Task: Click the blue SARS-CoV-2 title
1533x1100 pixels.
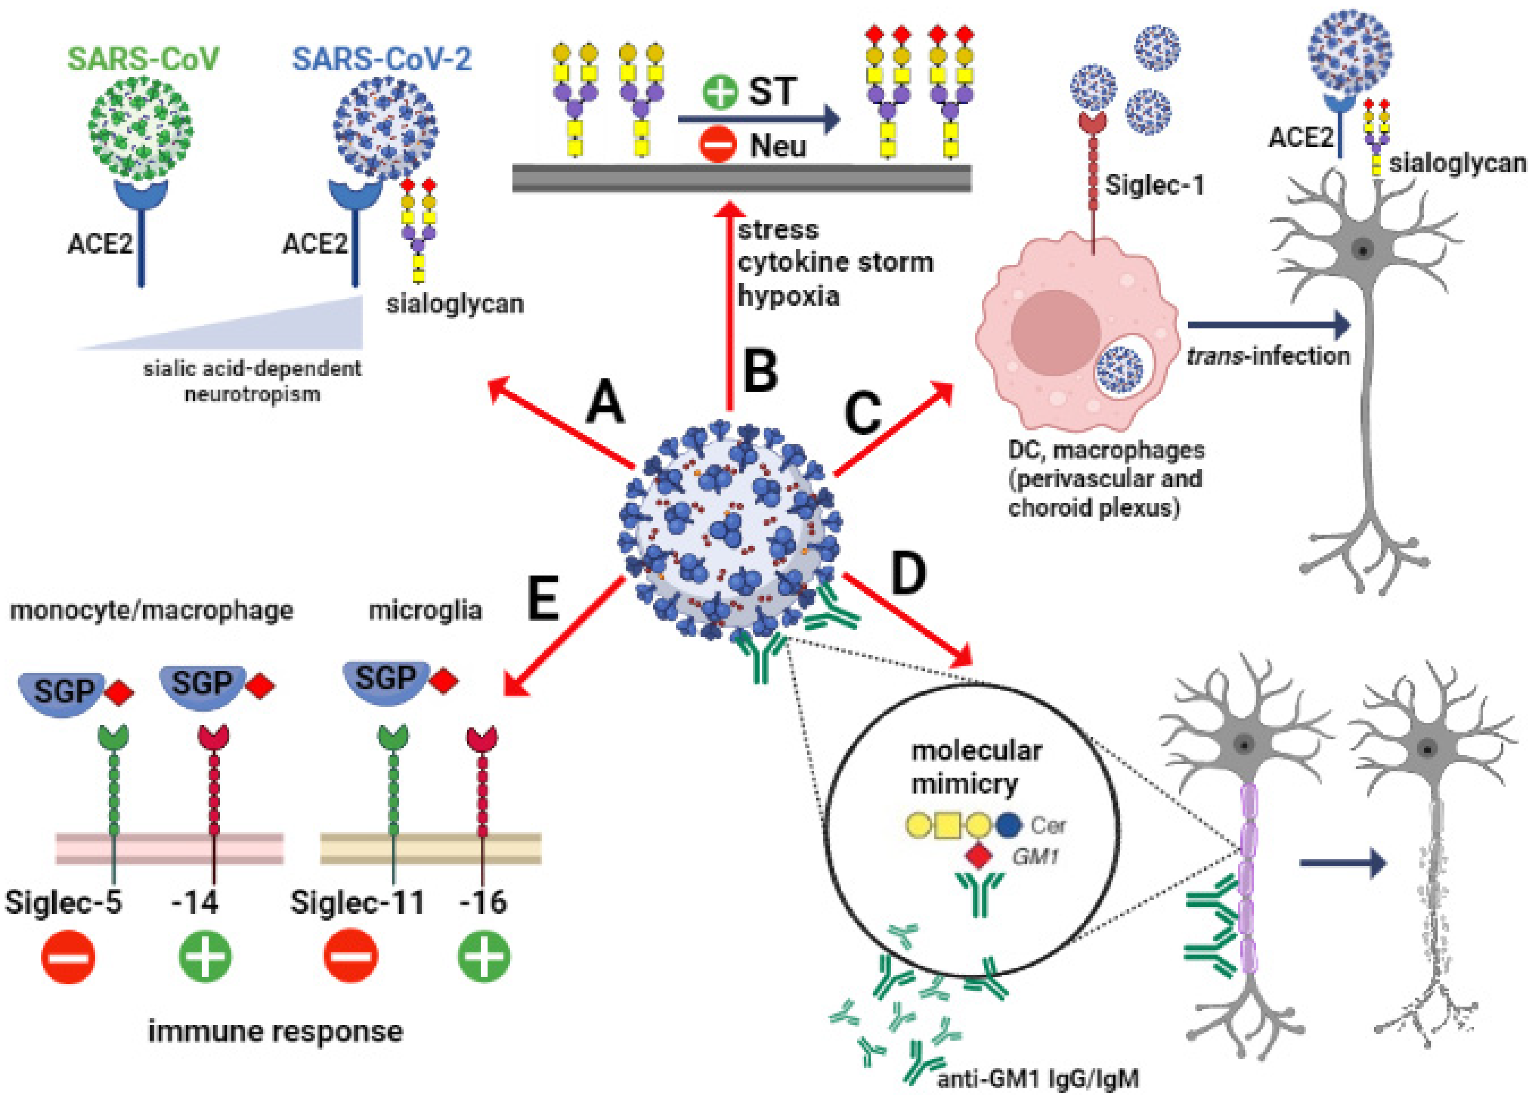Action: pyautogui.click(x=382, y=59)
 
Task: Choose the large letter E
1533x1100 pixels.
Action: pyautogui.click(x=543, y=600)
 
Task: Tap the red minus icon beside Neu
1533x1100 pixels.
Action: pyautogui.click(x=717, y=145)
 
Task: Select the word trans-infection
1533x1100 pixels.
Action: pyautogui.click(x=1268, y=355)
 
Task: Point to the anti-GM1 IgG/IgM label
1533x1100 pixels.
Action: pyautogui.click(x=1038, y=1079)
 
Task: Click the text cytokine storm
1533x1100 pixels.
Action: pyautogui.click(x=835, y=262)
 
